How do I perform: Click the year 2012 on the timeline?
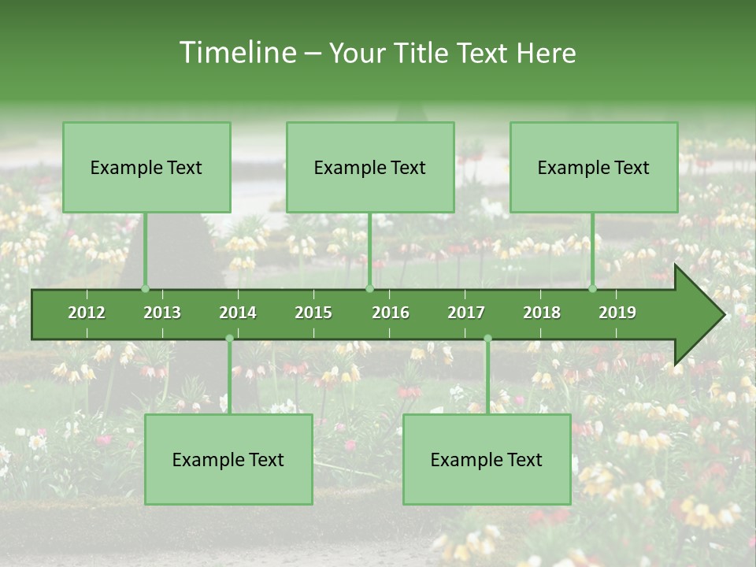(x=87, y=313)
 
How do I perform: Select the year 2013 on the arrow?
(x=162, y=313)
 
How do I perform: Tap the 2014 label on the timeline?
(x=238, y=313)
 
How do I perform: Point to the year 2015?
(x=313, y=313)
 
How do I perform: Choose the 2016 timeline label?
(x=391, y=313)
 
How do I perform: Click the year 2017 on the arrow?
(x=466, y=313)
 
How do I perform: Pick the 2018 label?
(x=542, y=313)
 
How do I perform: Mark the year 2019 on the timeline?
(x=617, y=313)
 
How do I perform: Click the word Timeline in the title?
(x=236, y=53)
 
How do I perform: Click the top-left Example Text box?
(x=146, y=167)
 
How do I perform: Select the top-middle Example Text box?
(x=370, y=167)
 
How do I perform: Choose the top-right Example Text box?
(x=594, y=167)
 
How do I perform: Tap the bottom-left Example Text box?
(x=228, y=459)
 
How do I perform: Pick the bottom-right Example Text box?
(x=487, y=459)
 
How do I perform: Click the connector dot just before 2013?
(x=145, y=288)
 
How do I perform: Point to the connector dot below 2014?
(x=229, y=339)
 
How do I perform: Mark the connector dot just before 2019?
(x=593, y=288)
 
